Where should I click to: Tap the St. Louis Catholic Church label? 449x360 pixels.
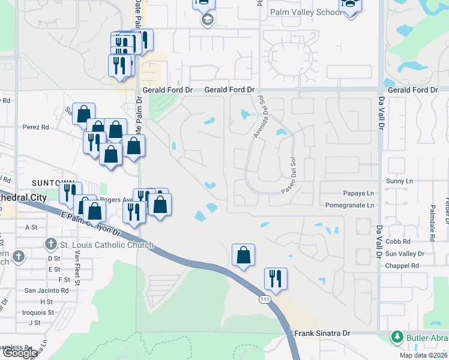click(x=107, y=245)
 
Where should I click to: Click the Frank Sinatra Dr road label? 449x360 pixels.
click(x=321, y=333)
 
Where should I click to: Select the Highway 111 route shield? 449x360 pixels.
click(x=265, y=298)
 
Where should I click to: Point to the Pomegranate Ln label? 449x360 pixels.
click(x=349, y=205)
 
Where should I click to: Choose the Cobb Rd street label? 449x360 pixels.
click(x=397, y=241)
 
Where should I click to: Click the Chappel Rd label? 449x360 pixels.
click(x=402, y=265)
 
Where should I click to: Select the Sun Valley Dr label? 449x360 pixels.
click(x=405, y=254)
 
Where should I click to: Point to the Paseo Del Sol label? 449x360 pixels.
click(x=290, y=176)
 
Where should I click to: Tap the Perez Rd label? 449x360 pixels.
click(x=36, y=127)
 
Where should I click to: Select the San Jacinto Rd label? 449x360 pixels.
click(x=46, y=290)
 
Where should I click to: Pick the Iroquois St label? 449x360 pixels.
click(x=38, y=312)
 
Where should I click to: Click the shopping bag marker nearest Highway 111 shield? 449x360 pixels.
click(x=243, y=256)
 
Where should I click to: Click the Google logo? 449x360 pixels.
click(x=20, y=353)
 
